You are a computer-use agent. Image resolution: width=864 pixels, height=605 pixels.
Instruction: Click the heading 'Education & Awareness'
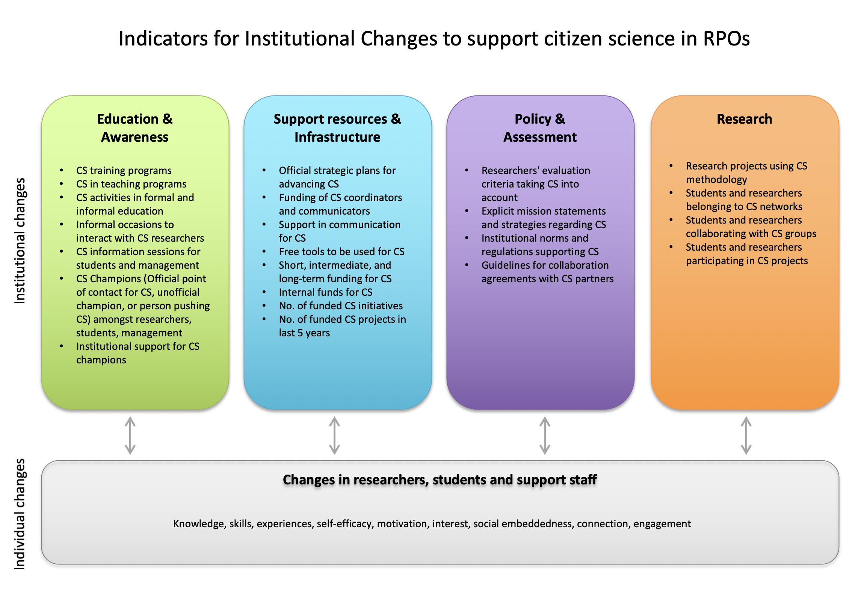(135, 128)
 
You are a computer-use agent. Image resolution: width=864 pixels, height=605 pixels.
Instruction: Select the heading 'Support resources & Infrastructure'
(337, 128)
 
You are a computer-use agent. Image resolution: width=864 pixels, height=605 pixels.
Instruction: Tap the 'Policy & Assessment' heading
(540, 128)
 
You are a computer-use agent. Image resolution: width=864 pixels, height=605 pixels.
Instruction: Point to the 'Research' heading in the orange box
(744, 119)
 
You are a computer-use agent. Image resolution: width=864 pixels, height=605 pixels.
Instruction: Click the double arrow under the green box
(130, 435)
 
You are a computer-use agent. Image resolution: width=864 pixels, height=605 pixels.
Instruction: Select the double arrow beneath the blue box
(335, 435)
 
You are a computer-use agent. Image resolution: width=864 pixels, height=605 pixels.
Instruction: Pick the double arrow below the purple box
(545, 435)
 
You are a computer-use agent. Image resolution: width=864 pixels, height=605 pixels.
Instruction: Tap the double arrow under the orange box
(746, 435)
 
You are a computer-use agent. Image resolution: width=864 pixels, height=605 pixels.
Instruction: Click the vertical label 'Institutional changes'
(20, 241)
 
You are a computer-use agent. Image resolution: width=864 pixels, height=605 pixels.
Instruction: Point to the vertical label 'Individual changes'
(20, 514)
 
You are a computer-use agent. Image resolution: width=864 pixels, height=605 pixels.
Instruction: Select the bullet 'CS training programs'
(124, 171)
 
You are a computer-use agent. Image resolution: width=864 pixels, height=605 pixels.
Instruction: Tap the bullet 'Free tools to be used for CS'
(341, 251)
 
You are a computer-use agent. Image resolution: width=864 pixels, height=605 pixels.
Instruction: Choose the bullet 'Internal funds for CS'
(326, 292)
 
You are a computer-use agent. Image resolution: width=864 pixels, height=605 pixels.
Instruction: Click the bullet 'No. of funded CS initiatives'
(341, 306)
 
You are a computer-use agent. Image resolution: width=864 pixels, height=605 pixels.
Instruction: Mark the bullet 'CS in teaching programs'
(131, 184)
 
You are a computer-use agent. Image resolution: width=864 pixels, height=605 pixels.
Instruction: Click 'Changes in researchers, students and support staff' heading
(440, 479)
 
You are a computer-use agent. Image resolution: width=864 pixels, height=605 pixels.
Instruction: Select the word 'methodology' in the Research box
(716, 180)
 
